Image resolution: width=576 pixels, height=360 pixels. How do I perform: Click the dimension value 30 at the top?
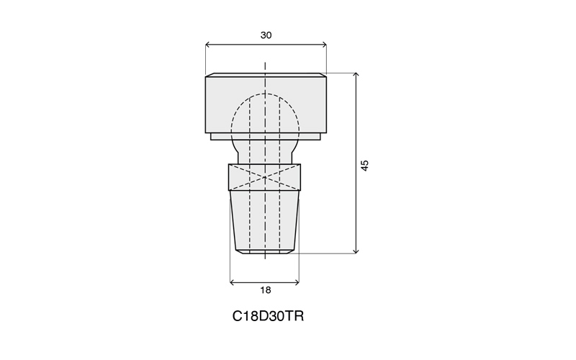(266, 35)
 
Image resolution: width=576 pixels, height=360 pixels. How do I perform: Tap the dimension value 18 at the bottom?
(265, 290)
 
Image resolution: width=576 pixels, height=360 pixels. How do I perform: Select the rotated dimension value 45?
(364, 166)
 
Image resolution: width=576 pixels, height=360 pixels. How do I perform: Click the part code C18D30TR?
(268, 316)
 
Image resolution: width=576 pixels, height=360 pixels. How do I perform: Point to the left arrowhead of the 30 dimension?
(207, 45)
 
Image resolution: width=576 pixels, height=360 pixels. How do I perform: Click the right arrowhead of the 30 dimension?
(324, 45)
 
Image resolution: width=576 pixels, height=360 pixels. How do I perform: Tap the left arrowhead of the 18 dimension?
(232, 282)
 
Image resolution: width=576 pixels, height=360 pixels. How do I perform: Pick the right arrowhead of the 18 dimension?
(297, 282)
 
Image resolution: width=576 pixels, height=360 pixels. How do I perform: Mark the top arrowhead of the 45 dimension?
(356, 76)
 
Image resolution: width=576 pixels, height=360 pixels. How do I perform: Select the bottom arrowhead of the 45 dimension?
(356, 251)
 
